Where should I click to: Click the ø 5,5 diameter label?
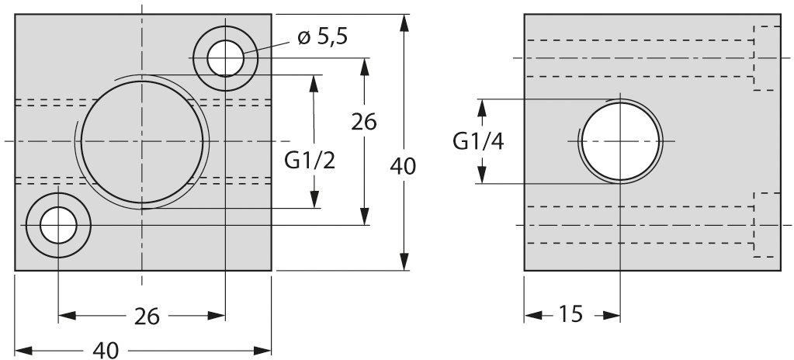coord(322,37)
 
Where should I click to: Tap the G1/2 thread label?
coord(310,161)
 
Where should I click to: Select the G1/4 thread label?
coord(478,142)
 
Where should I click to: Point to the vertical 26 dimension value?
coord(364,122)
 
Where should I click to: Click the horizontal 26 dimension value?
coord(147,317)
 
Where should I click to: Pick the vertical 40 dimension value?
coord(403,167)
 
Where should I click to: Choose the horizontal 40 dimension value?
coord(106,351)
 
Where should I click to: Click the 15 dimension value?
coord(570,314)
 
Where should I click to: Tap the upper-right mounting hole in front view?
coord(225,58)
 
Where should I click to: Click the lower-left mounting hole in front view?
coord(58,225)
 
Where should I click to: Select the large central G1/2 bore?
coord(142,141)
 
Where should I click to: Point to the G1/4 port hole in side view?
coord(620,141)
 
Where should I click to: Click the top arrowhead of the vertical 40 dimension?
coord(404,23)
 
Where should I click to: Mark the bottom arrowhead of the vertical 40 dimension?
coord(404,261)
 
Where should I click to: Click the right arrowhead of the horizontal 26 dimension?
coord(217,316)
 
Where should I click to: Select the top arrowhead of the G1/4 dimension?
coord(482,108)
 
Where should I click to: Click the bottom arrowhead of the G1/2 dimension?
coord(314,199)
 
